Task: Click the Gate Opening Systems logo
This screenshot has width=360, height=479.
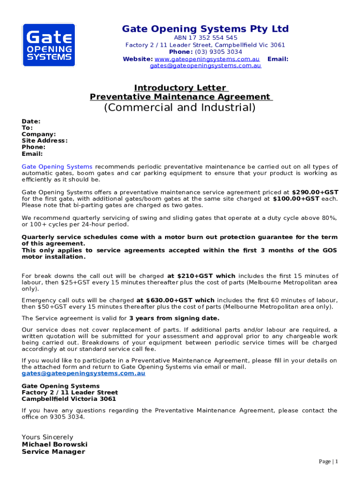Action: [48, 45]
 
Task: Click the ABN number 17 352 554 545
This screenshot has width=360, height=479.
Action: [205, 37]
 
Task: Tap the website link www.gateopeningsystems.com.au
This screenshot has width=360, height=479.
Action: [207, 59]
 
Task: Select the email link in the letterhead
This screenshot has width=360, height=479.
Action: [205, 66]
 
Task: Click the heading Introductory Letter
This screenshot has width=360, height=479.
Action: [180, 88]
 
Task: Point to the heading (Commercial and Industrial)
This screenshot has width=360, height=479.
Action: [180, 108]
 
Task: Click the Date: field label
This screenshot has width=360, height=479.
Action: [31, 121]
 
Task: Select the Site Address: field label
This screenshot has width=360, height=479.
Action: [44, 141]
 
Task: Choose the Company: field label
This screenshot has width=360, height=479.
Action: [39, 134]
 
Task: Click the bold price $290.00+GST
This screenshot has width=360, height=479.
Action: [315, 192]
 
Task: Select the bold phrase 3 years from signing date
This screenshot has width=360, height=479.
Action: [174, 319]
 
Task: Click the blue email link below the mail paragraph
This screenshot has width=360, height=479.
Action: [84, 374]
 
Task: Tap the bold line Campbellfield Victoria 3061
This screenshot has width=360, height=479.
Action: [69, 399]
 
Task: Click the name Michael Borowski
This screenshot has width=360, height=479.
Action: [55, 444]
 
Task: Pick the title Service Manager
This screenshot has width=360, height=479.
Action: [53, 452]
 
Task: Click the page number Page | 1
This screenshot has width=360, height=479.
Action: [328, 462]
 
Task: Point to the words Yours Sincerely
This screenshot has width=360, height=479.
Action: [48, 437]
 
